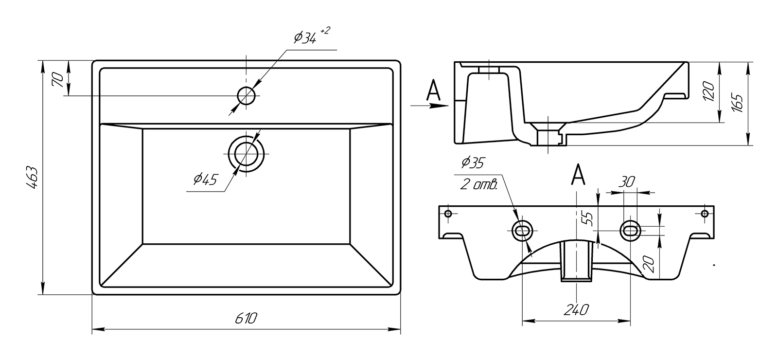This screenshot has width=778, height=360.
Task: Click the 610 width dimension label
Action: (246, 318)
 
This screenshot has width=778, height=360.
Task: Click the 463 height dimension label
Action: (32, 178)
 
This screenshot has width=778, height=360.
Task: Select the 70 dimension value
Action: (58, 80)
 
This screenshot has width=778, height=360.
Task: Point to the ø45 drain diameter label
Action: (205, 180)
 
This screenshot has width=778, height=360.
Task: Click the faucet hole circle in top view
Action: (246, 95)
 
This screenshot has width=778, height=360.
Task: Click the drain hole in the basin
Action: (246, 154)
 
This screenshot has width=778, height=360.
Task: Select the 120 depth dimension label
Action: (708, 91)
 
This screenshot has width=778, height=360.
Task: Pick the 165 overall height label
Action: (738, 103)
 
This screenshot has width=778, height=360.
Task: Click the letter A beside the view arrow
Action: (433, 90)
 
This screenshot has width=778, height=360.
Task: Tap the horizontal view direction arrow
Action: (430, 105)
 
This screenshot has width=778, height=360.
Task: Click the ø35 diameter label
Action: (473, 162)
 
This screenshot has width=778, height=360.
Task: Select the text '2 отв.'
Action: (479, 185)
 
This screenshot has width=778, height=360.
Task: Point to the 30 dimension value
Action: (627, 182)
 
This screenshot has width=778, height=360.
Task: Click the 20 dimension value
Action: (649, 264)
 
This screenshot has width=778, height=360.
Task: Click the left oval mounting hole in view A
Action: (522, 231)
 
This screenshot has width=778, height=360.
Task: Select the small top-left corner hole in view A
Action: (448, 214)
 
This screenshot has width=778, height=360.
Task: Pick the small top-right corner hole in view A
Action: (705, 214)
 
